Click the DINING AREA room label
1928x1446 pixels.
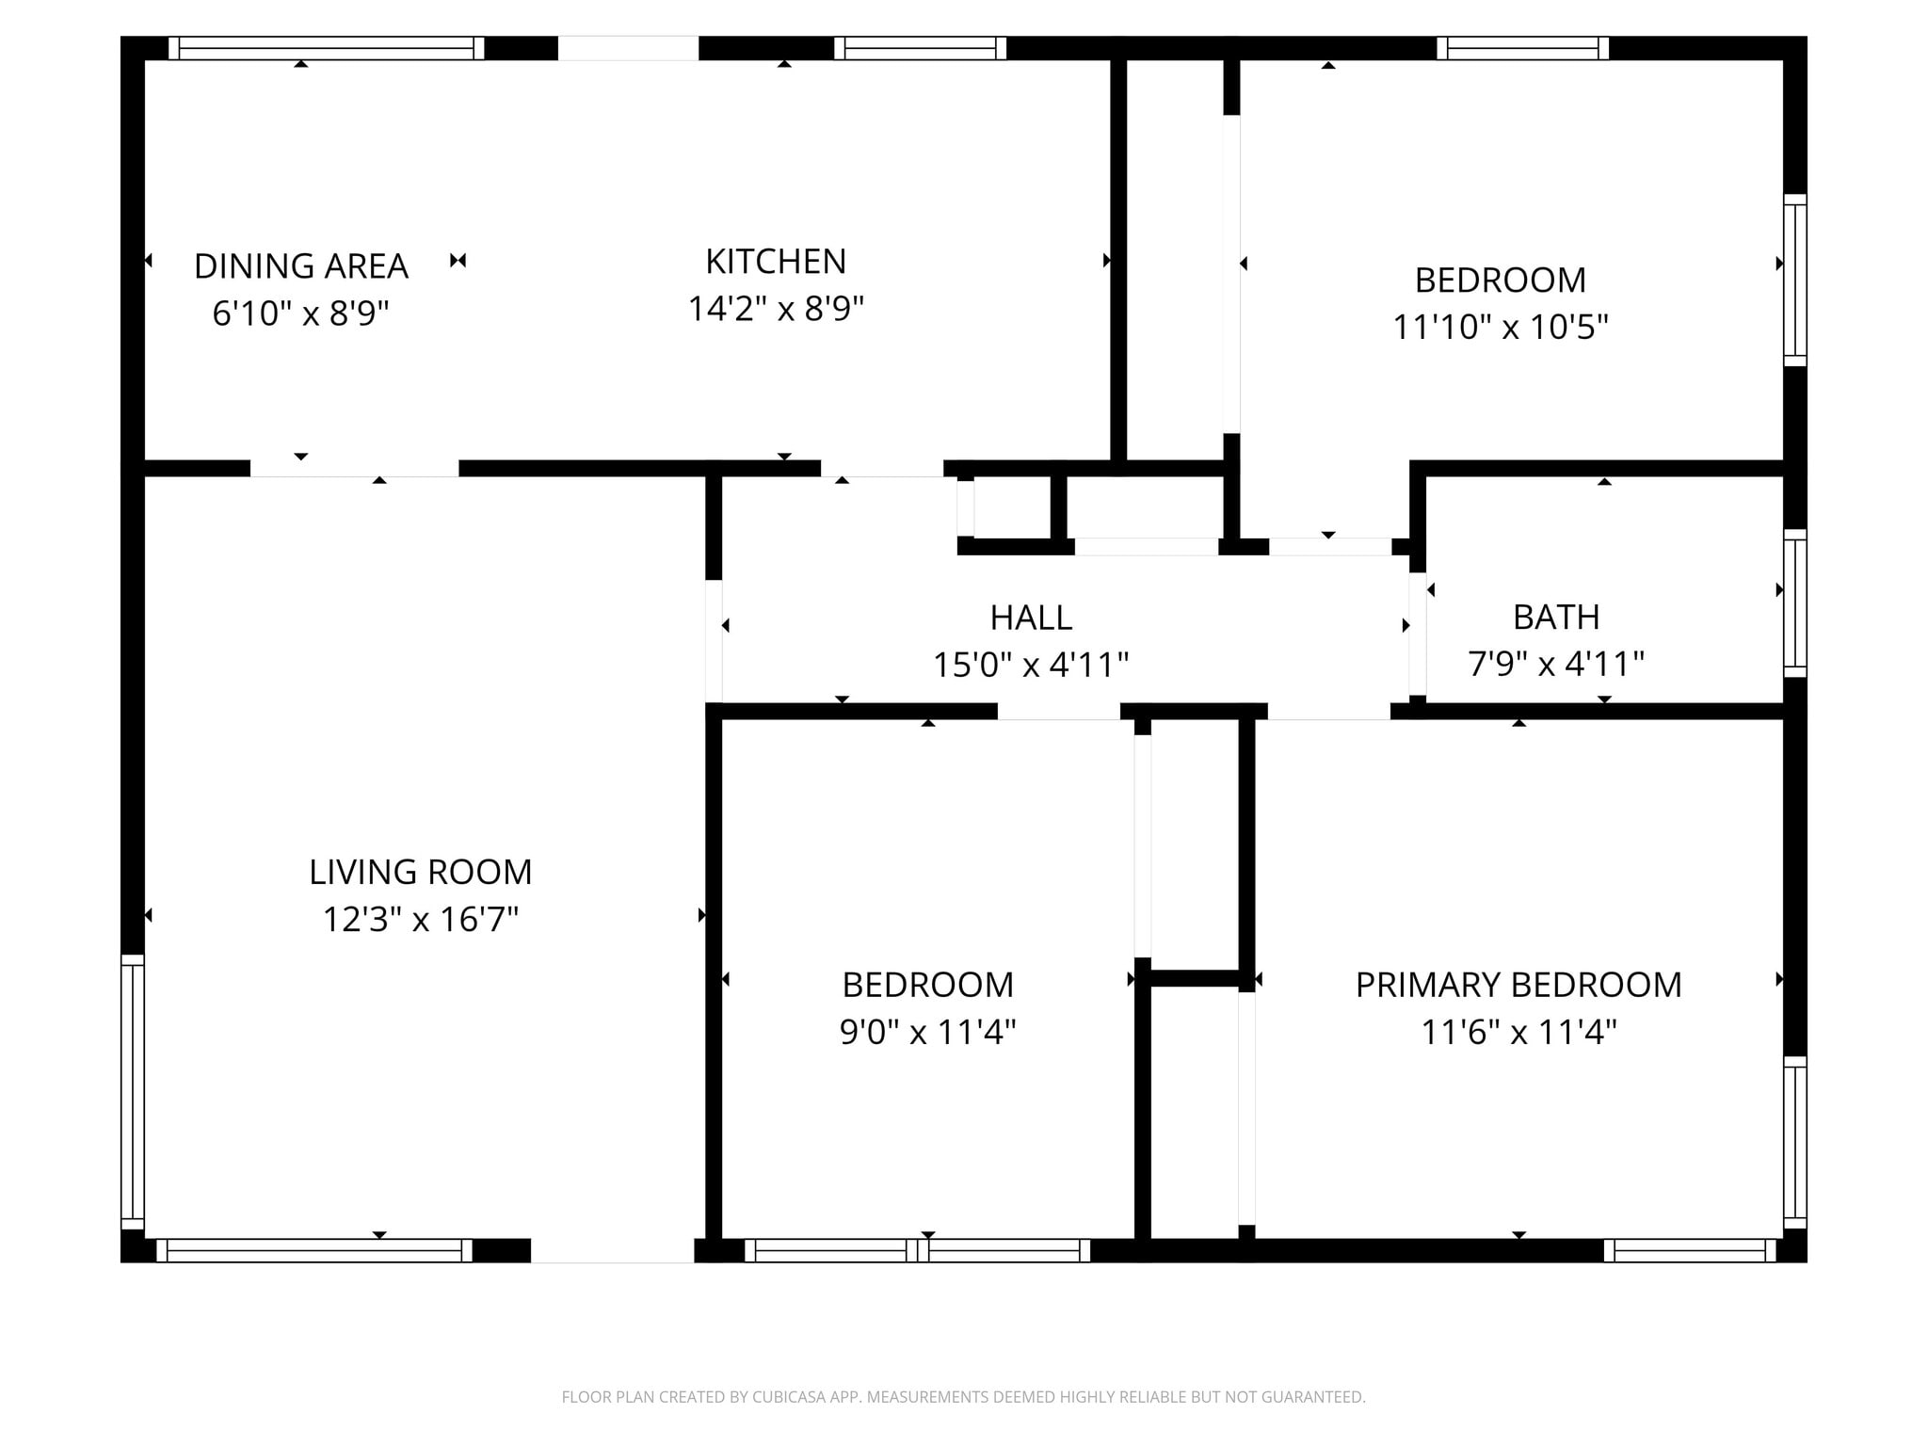(300, 266)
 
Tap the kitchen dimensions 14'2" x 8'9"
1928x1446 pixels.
(776, 309)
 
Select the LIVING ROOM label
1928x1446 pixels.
(420, 872)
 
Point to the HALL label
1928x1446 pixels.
(1031, 618)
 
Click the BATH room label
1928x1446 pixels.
(1556, 617)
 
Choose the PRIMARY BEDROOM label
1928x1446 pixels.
(1518, 985)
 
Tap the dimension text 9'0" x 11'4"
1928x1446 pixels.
(927, 1032)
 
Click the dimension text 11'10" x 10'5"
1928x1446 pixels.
(1500, 328)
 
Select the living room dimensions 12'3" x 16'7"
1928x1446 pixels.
(420, 919)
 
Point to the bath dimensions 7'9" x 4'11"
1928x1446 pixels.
(1556, 664)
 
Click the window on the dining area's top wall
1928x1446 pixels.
(326, 48)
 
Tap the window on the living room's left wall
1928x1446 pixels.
(133, 1092)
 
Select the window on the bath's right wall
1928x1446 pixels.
(1795, 602)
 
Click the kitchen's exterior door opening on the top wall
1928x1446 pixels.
(628, 48)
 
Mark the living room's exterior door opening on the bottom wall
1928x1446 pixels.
(612, 1250)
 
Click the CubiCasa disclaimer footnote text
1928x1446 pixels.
(963, 1397)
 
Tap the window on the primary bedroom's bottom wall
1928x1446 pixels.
(1689, 1250)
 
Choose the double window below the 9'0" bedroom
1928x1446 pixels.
(917, 1250)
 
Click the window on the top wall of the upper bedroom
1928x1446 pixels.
(1522, 48)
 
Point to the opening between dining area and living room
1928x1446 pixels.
(354, 469)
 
